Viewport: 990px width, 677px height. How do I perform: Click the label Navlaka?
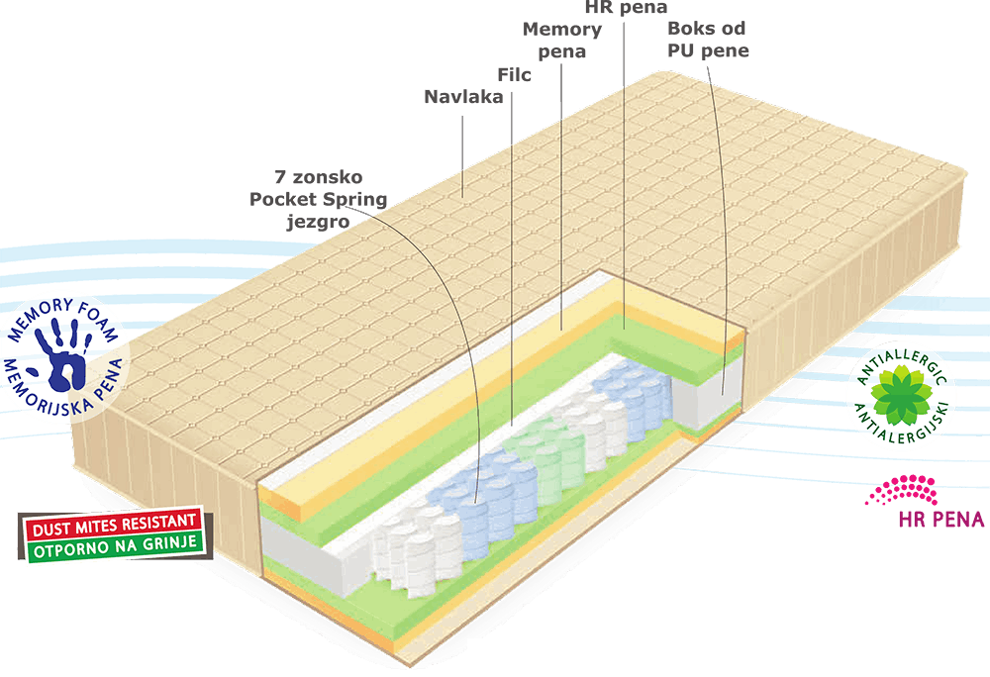(463, 97)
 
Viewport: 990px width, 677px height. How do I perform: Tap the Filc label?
(514, 74)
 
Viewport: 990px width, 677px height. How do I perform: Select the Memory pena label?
(561, 40)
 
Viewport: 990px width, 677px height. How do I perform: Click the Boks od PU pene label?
(707, 40)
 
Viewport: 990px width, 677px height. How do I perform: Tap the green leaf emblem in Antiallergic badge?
(900, 393)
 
